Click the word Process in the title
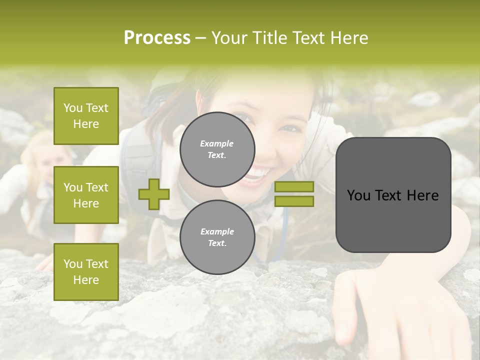[157, 38]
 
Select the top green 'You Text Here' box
[86, 116]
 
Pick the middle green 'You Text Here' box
[86, 195]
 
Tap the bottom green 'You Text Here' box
[86, 272]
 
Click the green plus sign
[154, 194]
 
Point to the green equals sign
[294, 194]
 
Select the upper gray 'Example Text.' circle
[217, 149]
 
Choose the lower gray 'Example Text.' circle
[217, 237]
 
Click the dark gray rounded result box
[393, 195]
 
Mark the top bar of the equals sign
[294, 186]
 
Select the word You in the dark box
[358, 195]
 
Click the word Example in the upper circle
[217, 143]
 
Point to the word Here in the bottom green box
[86, 280]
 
